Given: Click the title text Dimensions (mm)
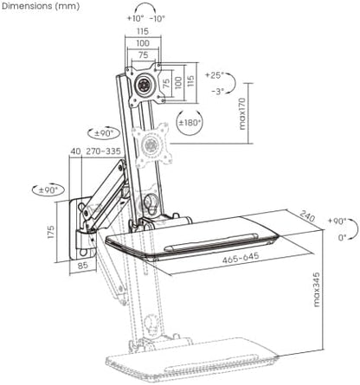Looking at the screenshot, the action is point(41,6).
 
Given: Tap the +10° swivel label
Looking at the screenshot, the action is point(135,19).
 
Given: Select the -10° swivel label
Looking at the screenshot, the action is point(157,19).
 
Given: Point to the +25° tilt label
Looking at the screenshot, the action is point(215,75).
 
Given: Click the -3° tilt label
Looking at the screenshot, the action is point(217,92).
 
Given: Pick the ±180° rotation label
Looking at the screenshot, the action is point(190,123).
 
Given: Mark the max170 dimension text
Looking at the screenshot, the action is point(242,113).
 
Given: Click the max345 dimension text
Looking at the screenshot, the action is point(317,289).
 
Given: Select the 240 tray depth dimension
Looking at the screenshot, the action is point(306,216).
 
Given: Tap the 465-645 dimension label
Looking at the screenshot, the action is point(241,258).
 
